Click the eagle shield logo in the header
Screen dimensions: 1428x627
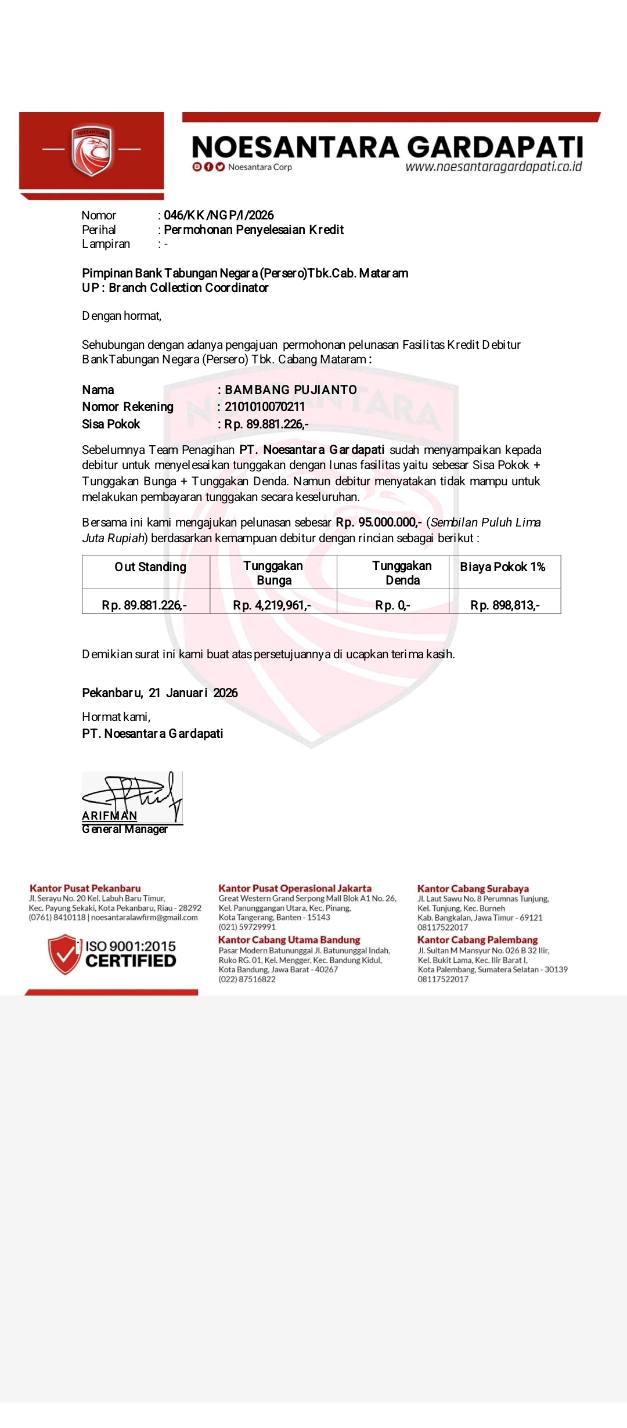(x=91, y=150)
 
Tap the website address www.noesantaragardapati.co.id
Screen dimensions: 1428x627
(x=493, y=167)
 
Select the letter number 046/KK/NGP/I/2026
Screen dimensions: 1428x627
(x=219, y=215)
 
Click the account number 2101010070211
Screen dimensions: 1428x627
(x=265, y=407)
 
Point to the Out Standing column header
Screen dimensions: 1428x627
(x=150, y=567)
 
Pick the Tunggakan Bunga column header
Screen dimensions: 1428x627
(x=273, y=573)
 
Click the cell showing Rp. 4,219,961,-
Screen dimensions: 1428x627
(x=272, y=605)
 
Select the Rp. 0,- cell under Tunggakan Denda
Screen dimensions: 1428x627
(x=392, y=605)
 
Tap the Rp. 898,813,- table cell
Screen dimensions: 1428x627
(x=505, y=605)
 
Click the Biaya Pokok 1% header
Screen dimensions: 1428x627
(x=503, y=567)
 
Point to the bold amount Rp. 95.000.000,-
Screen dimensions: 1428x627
(x=379, y=522)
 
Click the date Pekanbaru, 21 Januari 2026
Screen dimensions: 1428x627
(x=160, y=693)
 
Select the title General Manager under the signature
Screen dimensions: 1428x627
(x=125, y=830)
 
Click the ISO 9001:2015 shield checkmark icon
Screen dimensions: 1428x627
(x=64, y=954)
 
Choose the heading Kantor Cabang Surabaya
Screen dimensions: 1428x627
(x=473, y=889)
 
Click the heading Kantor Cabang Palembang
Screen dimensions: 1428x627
(x=477, y=940)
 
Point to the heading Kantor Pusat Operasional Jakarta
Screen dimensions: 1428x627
(x=295, y=889)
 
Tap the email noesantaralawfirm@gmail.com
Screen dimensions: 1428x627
(x=145, y=918)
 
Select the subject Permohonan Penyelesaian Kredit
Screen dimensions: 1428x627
(x=254, y=230)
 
